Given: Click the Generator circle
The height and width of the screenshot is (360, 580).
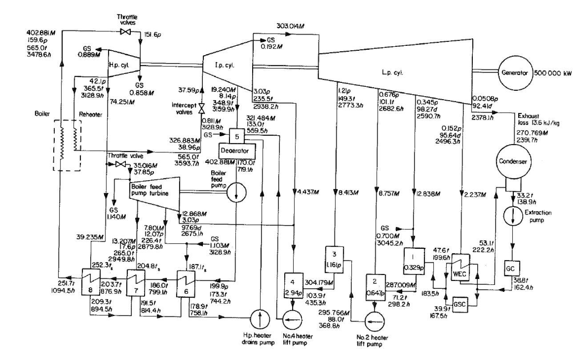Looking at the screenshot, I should pos(516,72).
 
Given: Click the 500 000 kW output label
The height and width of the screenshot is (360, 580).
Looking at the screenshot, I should pos(556,72).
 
